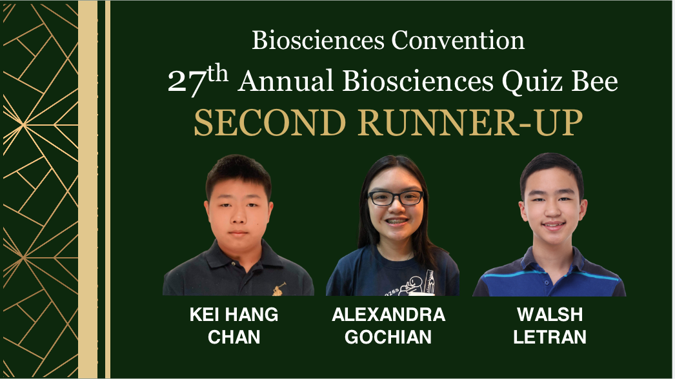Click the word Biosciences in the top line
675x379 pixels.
(317, 41)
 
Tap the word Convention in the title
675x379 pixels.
(458, 41)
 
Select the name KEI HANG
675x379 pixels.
(234, 315)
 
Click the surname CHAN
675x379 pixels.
(234, 337)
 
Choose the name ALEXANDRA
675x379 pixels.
(388, 315)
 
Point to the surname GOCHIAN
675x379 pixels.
(388, 337)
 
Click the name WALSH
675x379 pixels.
(550, 315)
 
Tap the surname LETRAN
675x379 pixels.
(550, 337)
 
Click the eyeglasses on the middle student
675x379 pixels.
(396, 198)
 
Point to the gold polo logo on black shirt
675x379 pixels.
(279, 289)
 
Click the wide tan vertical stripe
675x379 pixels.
(88, 189)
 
